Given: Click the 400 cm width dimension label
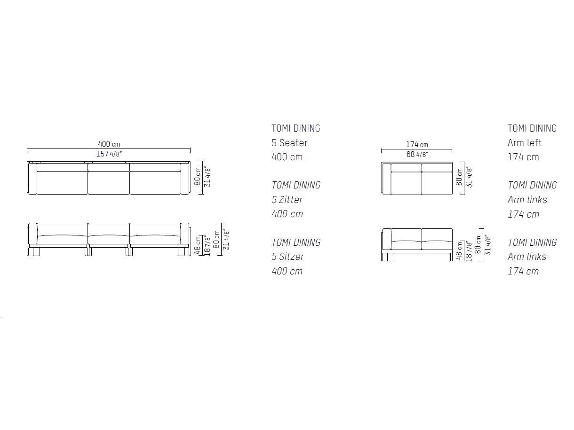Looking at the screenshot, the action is coord(109,144).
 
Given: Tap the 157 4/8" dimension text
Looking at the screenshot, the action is coord(109,154).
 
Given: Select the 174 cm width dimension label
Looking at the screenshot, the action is coord(417,144).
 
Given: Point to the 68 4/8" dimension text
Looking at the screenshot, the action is coord(417,154).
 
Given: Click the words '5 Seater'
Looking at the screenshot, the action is coord(289,143).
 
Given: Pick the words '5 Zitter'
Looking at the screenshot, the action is coord(287,200).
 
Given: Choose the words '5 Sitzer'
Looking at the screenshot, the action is coord(287,257).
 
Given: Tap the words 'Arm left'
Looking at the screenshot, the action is coord(524,143).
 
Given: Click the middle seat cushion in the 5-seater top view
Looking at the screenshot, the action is coord(109,182).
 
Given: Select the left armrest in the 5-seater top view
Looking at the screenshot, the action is coord(32,178).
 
